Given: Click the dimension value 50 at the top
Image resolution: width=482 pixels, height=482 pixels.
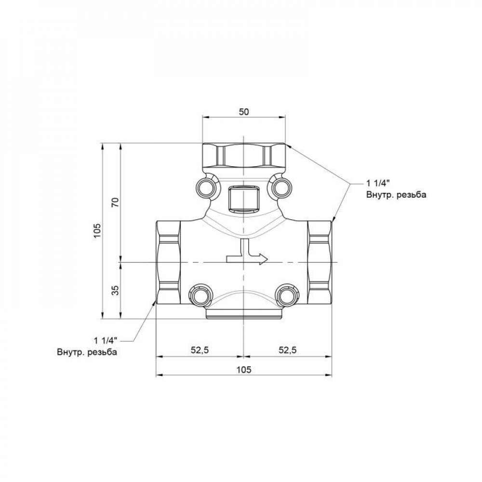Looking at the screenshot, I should pyautogui.click(x=244, y=111).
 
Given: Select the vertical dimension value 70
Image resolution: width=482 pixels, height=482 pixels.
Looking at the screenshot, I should pyautogui.click(x=114, y=202).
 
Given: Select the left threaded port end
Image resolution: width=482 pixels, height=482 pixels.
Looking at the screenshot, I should pyautogui.click(x=168, y=262).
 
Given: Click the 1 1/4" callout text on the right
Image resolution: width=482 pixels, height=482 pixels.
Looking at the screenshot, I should pyautogui.click(x=377, y=184).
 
